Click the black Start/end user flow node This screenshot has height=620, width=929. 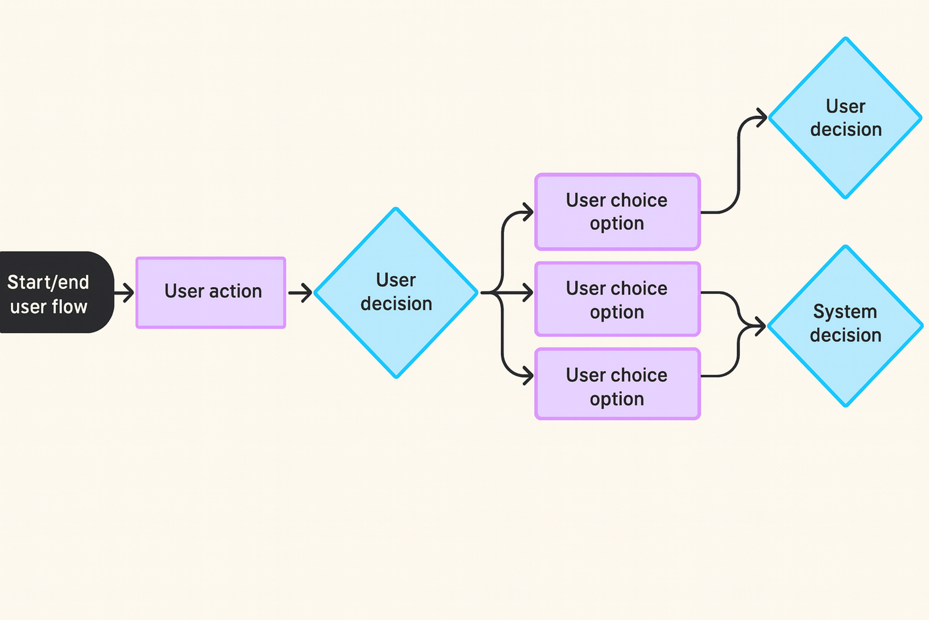pyautogui.click(x=55, y=292)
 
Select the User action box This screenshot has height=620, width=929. pyautogui.click(x=210, y=292)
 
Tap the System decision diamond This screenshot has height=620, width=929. pyautogui.click(x=845, y=326)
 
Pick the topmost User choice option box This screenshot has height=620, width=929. pyautogui.click(x=617, y=212)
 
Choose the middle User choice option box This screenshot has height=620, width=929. pyautogui.click(x=617, y=299)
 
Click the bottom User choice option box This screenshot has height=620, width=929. pyautogui.click(x=617, y=384)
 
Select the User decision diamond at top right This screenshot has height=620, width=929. pyautogui.click(x=845, y=118)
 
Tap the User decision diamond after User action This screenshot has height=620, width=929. pyautogui.click(x=396, y=293)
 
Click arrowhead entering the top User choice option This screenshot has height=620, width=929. pyautogui.click(x=528, y=212)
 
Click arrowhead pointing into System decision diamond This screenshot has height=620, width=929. pyautogui.click(x=761, y=326)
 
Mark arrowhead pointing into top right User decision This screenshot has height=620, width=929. pyautogui.click(x=762, y=117)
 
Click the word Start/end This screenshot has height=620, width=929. pyautogui.click(x=48, y=282)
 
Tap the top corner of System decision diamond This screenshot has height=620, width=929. pyautogui.click(x=845, y=247)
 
